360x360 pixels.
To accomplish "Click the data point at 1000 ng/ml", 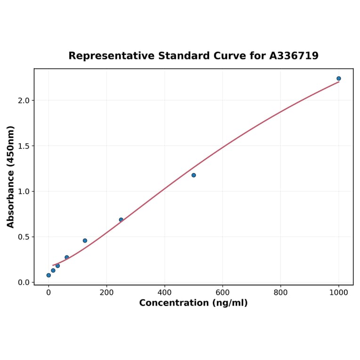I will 338,78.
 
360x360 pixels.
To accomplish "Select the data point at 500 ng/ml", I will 194,175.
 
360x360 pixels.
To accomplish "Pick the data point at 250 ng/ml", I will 121,220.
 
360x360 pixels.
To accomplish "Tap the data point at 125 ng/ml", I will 85,240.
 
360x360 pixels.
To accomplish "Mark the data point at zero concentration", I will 49,275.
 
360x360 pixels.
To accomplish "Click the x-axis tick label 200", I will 106,292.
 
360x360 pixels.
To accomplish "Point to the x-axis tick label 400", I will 164,292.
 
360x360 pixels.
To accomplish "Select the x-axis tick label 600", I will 222,292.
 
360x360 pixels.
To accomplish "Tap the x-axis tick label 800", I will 280,292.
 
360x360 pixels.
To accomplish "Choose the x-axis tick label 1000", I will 338,292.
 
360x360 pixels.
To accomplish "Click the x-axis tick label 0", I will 49,292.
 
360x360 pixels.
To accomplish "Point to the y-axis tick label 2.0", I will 24,100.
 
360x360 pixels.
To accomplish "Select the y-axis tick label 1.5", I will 24,146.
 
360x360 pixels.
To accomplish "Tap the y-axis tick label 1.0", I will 24,191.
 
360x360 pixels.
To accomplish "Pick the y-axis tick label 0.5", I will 24,237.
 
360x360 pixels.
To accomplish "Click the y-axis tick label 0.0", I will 24,282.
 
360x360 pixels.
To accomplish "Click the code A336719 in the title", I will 294,56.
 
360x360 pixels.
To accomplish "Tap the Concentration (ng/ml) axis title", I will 193,303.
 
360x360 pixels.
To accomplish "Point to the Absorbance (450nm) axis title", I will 11,177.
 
